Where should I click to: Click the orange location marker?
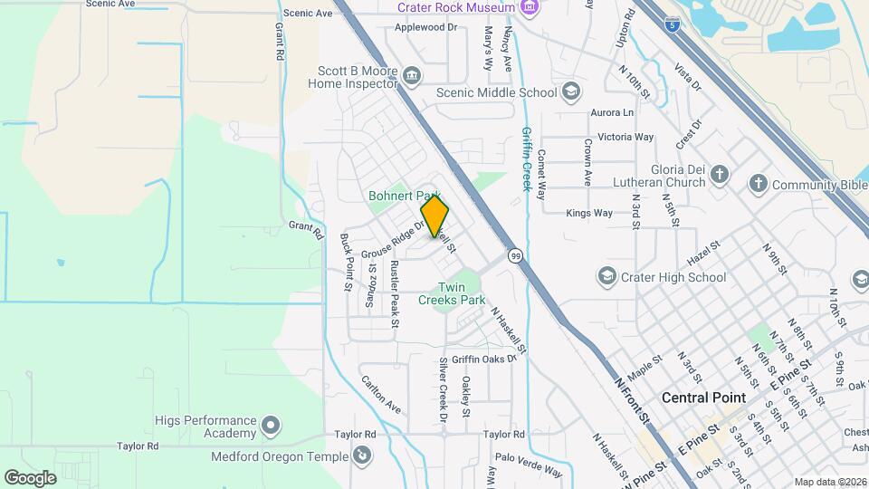pos(434,217)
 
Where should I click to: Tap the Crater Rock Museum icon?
pos(530,8)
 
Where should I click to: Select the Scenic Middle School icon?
pos(571,91)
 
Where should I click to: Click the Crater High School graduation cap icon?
pos(606,276)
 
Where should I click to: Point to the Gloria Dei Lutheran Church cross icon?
pos(720,175)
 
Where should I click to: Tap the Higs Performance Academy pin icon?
pos(270,424)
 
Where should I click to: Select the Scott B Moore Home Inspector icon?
pos(412,75)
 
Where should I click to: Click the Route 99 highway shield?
pos(514,256)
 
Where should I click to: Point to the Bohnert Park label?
pos(403,196)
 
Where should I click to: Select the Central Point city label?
pos(703,398)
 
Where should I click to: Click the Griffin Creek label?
pos(526,158)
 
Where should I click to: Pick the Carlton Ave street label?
pos(381,395)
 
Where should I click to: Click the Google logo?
pos(30,477)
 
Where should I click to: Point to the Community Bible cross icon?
pos(758,184)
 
